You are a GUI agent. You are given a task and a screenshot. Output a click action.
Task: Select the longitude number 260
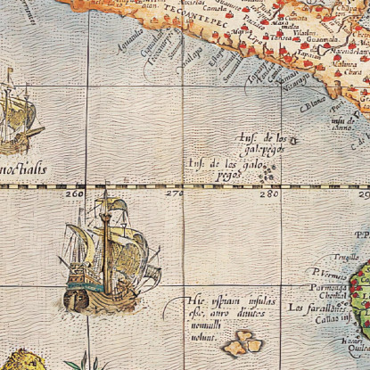pyautogui.click(x=74, y=193)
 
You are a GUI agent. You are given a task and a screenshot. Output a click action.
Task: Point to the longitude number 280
pyautogui.click(x=267, y=193)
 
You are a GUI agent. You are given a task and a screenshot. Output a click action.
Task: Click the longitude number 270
pyautogui.click(x=173, y=193)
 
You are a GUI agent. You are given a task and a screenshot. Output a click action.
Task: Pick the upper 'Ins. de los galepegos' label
pyautogui.click(x=266, y=144)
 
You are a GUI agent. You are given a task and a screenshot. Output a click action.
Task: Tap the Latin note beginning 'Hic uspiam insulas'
pyautogui.click(x=215, y=313)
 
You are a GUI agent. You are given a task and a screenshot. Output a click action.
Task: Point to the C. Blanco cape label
pyautogui.click(x=313, y=103)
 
